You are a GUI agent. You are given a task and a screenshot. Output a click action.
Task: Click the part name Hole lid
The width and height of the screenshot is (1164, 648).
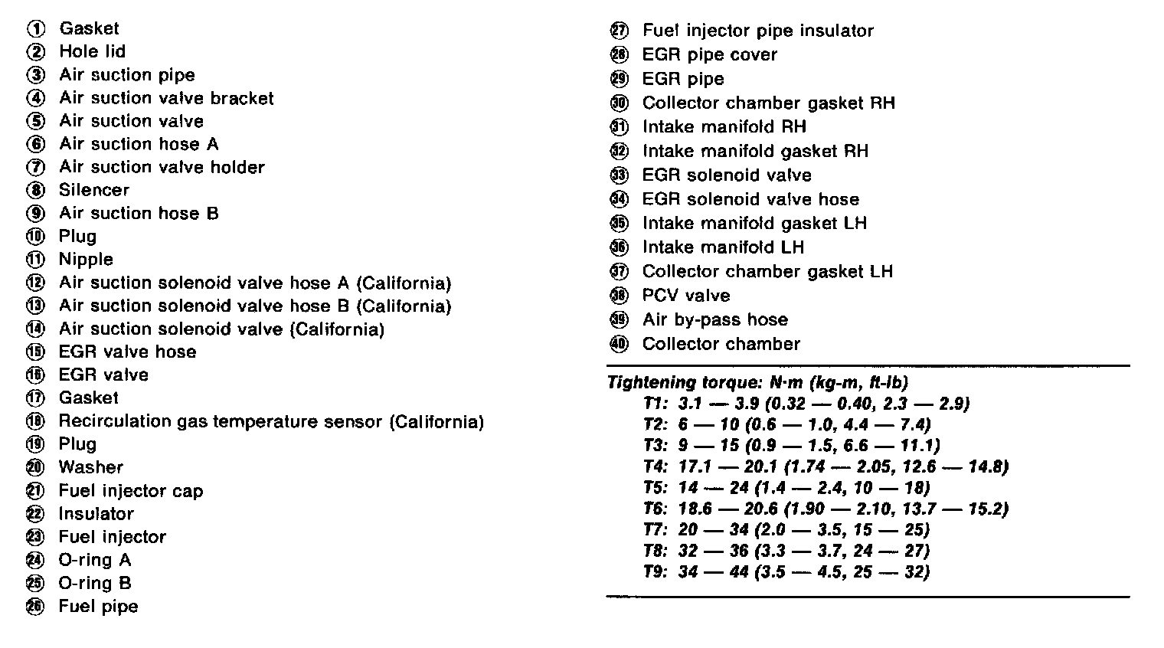[92, 51]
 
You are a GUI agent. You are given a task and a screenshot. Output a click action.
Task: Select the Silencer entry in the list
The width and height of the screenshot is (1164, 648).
[93, 190]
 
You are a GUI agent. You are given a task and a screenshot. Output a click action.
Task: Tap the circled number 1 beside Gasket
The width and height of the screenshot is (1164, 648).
[36, 29]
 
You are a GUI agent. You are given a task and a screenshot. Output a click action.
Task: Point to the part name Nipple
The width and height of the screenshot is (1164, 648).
[86, 259]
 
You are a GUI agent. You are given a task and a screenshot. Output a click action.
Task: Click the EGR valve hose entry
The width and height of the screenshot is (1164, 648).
[127, 352]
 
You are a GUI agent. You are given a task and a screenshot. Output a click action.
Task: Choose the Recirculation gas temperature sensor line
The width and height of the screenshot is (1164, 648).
[271, 421]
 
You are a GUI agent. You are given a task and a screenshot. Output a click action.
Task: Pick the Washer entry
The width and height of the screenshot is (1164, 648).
[90, 467]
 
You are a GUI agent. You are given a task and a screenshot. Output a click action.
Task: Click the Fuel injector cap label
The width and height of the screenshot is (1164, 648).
[130, 491]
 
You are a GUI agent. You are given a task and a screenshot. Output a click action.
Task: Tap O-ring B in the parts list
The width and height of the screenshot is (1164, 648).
[95, 583]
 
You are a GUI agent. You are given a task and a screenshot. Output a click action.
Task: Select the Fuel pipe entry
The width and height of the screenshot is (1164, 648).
[98, 607]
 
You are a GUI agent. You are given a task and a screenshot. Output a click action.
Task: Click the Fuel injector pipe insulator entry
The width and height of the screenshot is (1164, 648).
[757, 31]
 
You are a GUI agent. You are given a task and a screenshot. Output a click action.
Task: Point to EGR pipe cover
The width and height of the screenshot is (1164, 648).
[709, 55]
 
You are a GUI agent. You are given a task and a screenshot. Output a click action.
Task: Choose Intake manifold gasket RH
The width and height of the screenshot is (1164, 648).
[755, 151]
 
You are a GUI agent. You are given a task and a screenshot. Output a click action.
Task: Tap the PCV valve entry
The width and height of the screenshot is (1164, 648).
[685, 296]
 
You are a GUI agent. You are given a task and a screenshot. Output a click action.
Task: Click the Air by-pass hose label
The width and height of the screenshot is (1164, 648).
[714, 319]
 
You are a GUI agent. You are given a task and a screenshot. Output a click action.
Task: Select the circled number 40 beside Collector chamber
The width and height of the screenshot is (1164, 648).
[619, 344]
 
